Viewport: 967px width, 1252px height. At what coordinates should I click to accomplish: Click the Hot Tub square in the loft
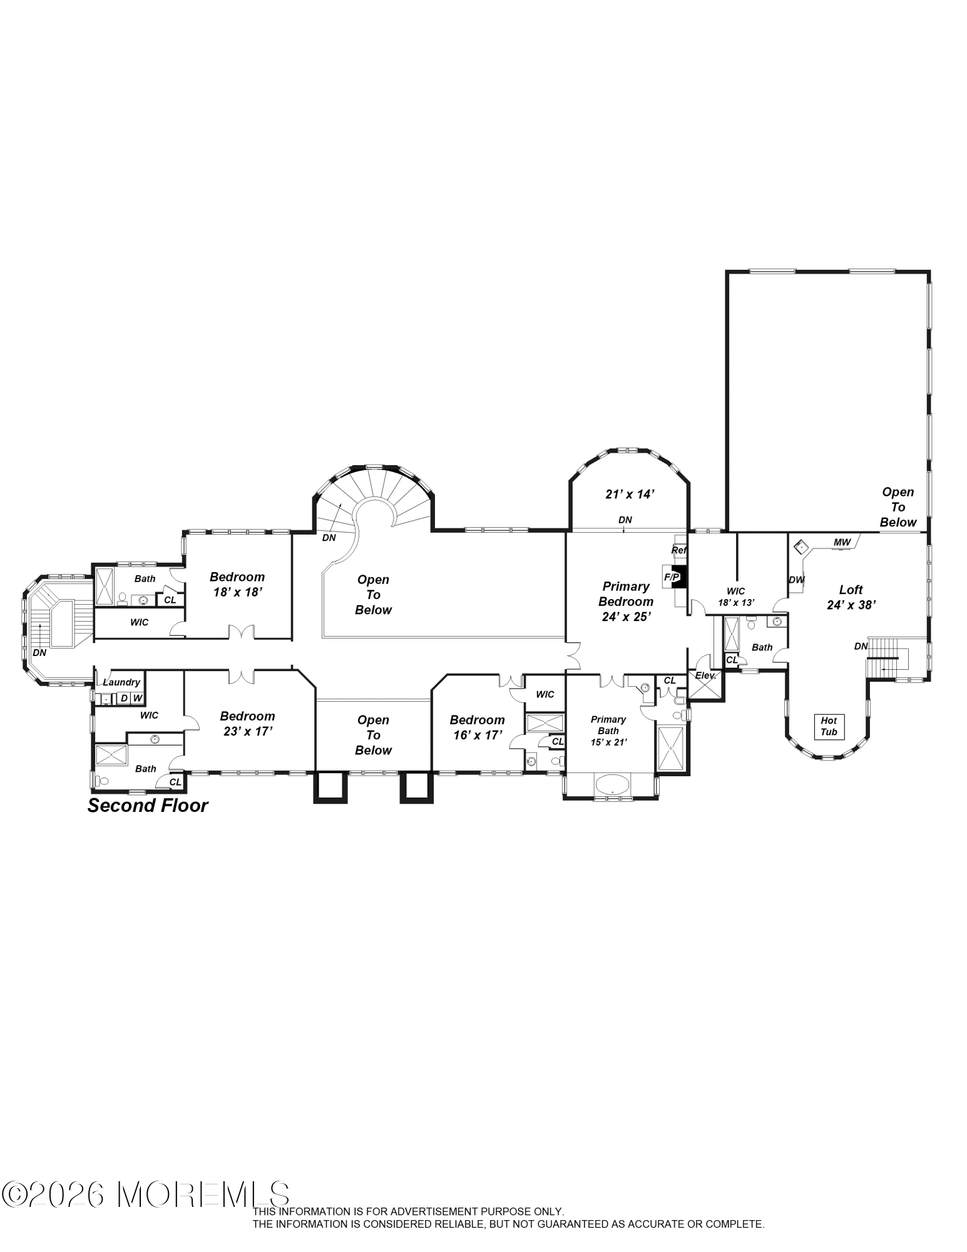829,726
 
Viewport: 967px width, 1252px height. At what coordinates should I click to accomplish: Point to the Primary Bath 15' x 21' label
608,731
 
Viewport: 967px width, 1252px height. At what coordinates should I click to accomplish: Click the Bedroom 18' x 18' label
237,584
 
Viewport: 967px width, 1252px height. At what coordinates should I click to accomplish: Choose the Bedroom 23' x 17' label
247,723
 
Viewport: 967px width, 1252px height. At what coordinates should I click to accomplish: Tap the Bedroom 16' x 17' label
477,727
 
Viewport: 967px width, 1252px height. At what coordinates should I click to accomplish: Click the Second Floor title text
148,806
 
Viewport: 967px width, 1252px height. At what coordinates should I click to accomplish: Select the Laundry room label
121,682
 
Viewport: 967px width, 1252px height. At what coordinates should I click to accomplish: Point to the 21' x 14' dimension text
630,494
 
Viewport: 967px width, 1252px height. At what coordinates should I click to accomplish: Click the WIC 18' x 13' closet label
736,597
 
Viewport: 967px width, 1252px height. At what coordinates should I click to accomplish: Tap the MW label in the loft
842,541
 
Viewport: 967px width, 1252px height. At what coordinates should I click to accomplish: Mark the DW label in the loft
796,580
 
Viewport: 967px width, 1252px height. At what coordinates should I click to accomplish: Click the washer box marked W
137,698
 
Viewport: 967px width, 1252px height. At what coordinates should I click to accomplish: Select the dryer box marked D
124,698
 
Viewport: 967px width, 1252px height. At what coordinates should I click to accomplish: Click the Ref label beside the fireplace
679,550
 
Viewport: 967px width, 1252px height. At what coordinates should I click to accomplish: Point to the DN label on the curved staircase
329,537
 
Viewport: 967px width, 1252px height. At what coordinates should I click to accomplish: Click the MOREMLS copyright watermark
146,1195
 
